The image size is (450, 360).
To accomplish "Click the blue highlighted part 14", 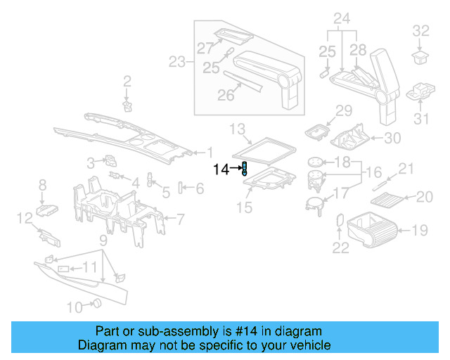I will [244, 168].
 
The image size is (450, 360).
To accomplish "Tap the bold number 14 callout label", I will [221, 169].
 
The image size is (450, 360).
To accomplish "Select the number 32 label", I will [420, 30].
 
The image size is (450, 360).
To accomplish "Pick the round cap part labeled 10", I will [97, 304].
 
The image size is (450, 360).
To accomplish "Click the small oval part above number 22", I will [340, 220].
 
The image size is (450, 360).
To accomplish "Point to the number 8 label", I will [42, 186].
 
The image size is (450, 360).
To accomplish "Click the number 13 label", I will [238, 129].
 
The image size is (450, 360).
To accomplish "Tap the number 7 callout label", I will [180, 219].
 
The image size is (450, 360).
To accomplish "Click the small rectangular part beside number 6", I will [181, 187].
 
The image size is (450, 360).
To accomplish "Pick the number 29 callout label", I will [342, 110].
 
